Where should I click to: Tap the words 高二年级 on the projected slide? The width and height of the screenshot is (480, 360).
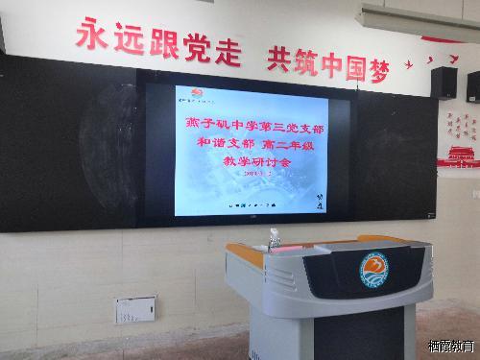(x=284, y=143)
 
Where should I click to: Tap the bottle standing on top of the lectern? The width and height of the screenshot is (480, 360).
(x=275, y=238)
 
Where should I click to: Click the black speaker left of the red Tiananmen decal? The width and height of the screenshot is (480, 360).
(x=443, y=83)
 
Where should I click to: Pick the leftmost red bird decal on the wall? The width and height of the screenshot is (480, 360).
(x=407, y=66)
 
